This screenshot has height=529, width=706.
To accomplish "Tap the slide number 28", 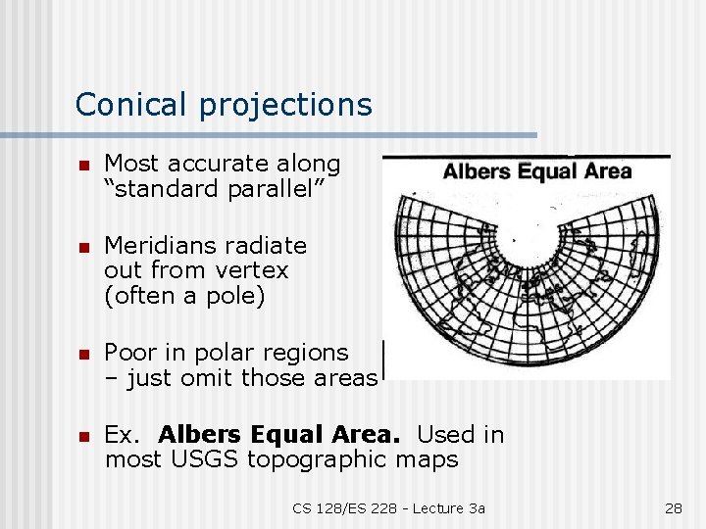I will coord(673,507).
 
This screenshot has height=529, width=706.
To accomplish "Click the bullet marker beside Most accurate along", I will coord(84,166).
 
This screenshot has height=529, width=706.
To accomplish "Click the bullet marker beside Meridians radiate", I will coord(84,247).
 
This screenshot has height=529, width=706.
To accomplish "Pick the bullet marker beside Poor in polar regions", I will coord(84,354).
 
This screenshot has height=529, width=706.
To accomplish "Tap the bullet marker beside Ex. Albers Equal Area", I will coord(84,436).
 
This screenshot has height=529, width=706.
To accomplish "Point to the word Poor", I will coord(130,352).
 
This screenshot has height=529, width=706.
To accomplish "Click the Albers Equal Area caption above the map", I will coord(537,172).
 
